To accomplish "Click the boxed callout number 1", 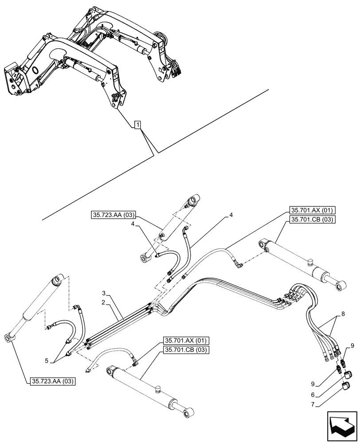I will click(138, 125).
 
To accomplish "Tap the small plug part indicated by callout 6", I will click(348, 375).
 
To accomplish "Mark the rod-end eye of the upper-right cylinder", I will click(341, 288).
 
